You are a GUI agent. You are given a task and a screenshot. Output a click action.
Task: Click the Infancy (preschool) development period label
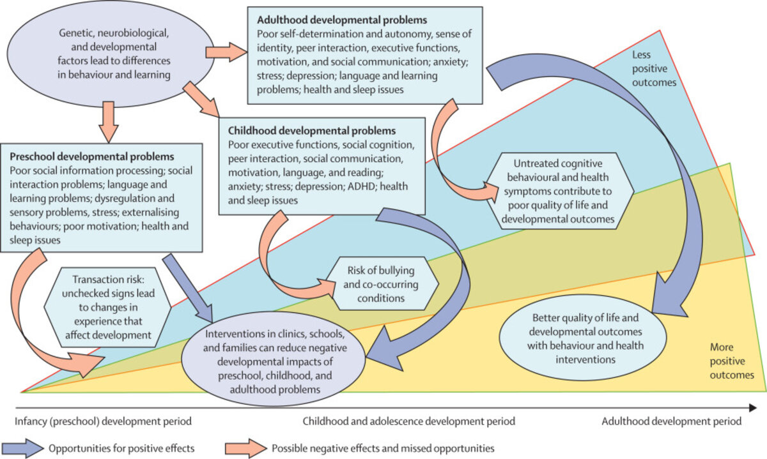103,421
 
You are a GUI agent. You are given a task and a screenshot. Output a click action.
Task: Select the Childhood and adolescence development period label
408,421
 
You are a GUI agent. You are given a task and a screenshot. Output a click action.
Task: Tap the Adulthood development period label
672,421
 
